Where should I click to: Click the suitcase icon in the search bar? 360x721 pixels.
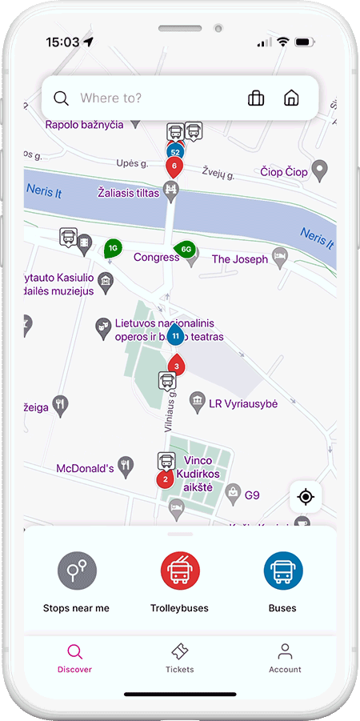tap(256, 98)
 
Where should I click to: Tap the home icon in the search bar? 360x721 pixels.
tap(291, 98)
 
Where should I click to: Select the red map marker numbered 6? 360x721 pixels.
tap(174, 166)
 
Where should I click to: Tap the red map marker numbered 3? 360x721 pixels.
tap(176, 366)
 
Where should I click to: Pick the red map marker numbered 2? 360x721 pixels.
tap(166, 479)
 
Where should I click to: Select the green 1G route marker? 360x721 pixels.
tap(113, 248)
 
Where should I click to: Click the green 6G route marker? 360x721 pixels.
tap(186, 249)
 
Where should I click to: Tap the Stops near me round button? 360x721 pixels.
tap(77, 571)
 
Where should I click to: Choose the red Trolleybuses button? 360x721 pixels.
tap(180, 571)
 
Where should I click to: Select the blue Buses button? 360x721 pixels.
tap(283, 571)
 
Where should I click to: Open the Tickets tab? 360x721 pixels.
tap(180, 658)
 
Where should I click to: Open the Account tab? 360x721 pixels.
tap(285, 658)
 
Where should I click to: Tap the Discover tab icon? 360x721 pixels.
tap(74, 651)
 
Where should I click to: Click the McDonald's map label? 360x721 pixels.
tap(86, 468)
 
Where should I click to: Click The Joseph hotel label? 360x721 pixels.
tap(239, 259)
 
